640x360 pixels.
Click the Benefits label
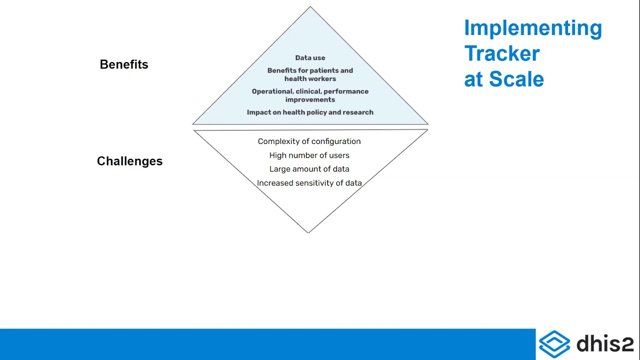coord(124,64)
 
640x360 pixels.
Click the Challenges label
coord(129,161)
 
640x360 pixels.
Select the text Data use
coord(310,58)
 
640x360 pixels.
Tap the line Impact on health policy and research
coord(310,112)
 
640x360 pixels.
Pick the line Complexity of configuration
coord(309,141)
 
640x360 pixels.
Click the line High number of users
coord(309,155)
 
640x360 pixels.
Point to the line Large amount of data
coord(309,169)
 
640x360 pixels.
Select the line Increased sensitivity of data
coord(309,183)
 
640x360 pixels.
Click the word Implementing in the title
coord(532,28)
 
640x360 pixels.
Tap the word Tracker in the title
coord(502,53)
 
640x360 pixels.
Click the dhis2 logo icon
coord(554,344)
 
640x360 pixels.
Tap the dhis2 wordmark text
coord(605,344)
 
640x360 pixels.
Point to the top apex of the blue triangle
coord(310,8)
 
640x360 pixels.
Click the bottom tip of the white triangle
coord(308,231)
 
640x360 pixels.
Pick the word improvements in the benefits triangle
coord(310,99)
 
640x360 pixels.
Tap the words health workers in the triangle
coord(310,79)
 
